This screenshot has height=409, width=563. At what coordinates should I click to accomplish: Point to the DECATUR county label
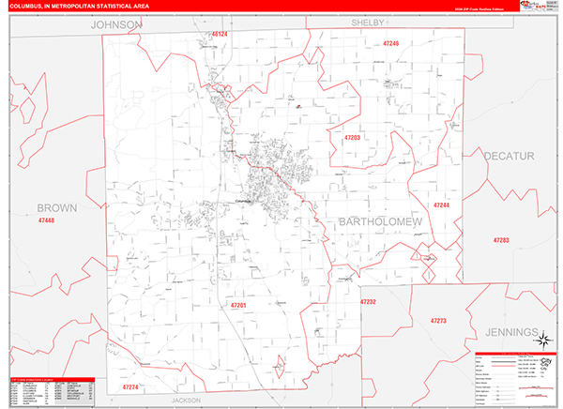tap(509, 156)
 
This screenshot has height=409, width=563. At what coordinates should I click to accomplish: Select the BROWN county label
tap(56, 207)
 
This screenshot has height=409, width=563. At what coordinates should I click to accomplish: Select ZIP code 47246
tap(390, 43)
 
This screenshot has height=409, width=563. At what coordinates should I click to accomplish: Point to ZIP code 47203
tap(352, 137)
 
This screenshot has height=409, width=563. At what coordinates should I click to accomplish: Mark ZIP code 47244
tap(441, 204)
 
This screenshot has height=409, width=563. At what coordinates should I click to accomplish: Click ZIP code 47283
tap(500, 241)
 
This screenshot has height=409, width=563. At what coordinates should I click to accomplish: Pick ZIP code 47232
tap(368, 302)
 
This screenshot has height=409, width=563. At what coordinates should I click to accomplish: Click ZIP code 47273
tap(438, 321)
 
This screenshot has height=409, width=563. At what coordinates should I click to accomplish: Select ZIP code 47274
tap(130, 386)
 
